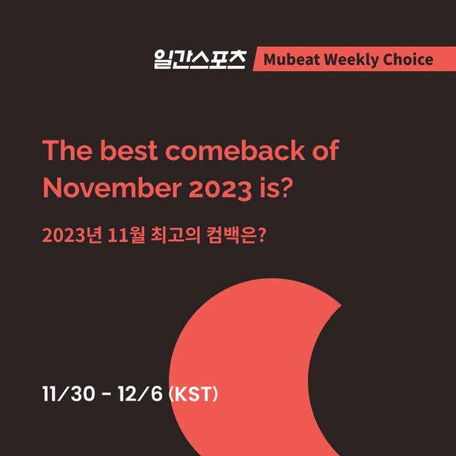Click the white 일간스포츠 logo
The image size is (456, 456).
(x=200, y=59)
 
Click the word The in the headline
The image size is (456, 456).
(x=67, y=150)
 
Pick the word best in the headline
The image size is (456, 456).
(x=129, y=150)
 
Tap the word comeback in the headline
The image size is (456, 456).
(x=235, y=150)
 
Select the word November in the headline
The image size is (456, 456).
(x=112, y=188)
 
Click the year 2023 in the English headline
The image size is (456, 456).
(x=220, y=189)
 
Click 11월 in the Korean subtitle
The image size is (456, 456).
(x=126, y=235)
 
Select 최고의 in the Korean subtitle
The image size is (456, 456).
(x=176, y=235)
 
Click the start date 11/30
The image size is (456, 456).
(x=68, y=394)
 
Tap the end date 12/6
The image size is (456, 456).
(x=140, y=394)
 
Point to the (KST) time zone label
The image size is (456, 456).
(x=193, y=394)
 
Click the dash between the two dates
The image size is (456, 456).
(x=107, y=395)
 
